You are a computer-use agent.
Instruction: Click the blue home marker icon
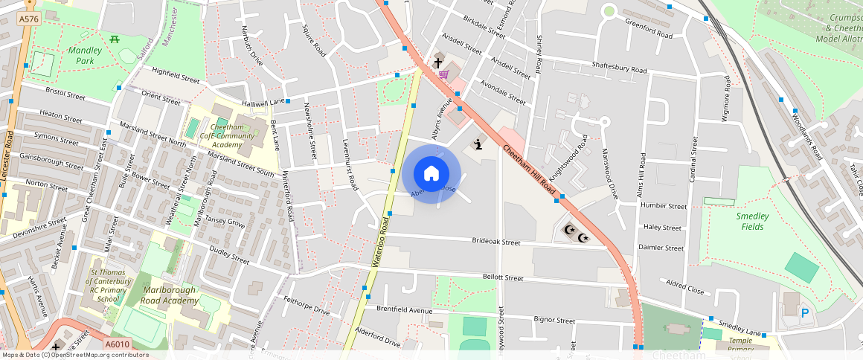tap(431, 174)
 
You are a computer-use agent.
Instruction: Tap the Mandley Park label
tap(85, 55)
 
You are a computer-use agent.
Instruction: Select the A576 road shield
tap(28, 19)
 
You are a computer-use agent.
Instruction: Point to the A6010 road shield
tap(117, 344)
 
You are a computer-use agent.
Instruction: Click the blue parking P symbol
tap(804, 315)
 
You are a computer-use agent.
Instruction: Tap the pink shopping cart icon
tap(443, 74)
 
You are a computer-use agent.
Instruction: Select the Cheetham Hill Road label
tap(530, 166)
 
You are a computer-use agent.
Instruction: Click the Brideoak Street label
tap(496, 242)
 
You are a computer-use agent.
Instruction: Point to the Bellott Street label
tap(503, 277)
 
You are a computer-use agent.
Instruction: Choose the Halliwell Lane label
tap(262, 102)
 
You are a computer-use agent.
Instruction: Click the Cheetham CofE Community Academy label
tap(233, 135)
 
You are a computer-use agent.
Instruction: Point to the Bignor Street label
tap(554, 321)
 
